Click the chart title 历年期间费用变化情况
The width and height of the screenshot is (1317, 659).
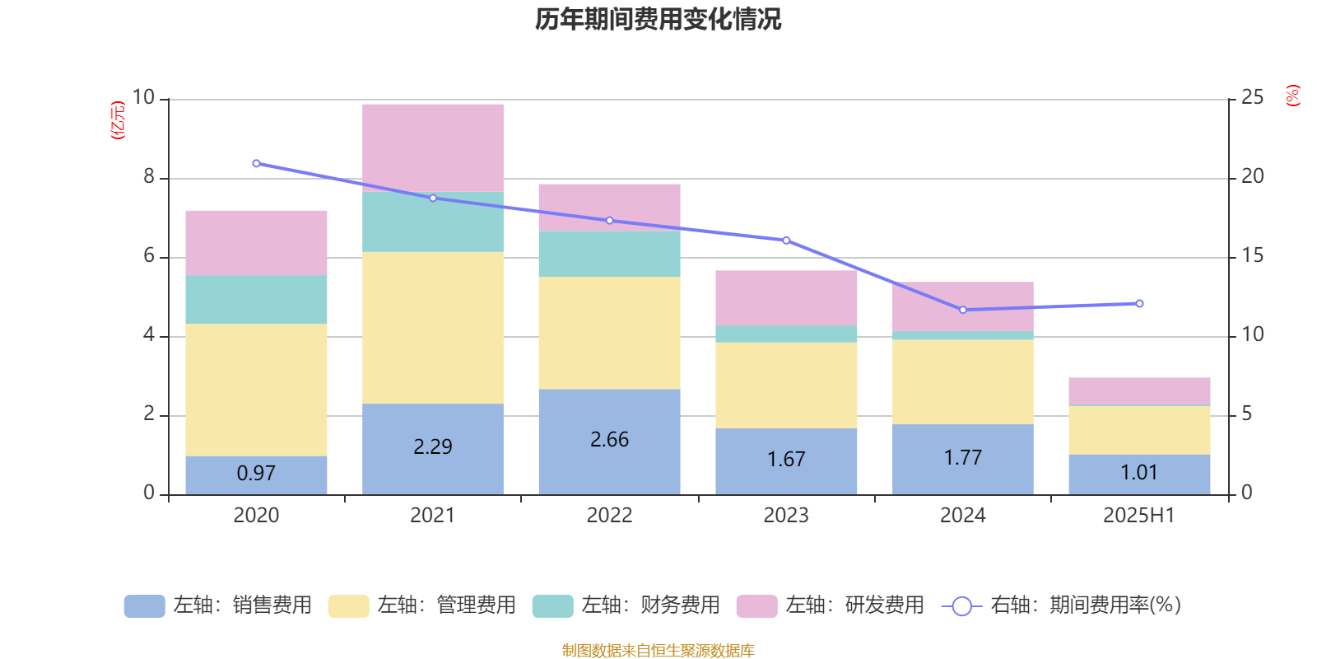[x=658, y=19]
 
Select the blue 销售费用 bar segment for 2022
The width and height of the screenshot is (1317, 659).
[x=609, y=442]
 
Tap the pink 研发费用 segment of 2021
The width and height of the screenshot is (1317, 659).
[x=433, y=148]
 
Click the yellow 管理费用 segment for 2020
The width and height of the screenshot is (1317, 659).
[x=256, y=390]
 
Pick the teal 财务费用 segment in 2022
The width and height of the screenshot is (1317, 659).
[x=609, y=254]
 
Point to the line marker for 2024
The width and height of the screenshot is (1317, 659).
[x=963, y=310]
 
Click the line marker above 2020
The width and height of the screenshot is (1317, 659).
[x=256, y=163]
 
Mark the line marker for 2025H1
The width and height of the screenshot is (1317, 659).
[x=1139, y=304]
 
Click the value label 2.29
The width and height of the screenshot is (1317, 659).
[x=433, y=446]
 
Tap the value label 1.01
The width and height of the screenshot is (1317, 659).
[x=1139, y=472]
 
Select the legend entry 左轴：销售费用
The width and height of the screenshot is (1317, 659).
[x=219, y=605]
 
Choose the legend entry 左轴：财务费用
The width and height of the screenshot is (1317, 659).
[x=627, y=605]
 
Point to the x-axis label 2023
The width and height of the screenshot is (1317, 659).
[x=786, y=516]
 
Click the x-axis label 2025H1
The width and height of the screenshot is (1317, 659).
[x=1139, y=516]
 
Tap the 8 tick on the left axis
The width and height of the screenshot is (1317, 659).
[x=149, y=176]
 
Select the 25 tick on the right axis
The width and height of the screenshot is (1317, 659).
[x=1252, y=97]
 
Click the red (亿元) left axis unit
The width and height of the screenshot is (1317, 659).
[x=118, y=120]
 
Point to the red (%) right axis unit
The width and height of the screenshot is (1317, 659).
[x=1292, y=96]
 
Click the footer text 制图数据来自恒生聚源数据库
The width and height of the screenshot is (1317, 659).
[x=658, y=651]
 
